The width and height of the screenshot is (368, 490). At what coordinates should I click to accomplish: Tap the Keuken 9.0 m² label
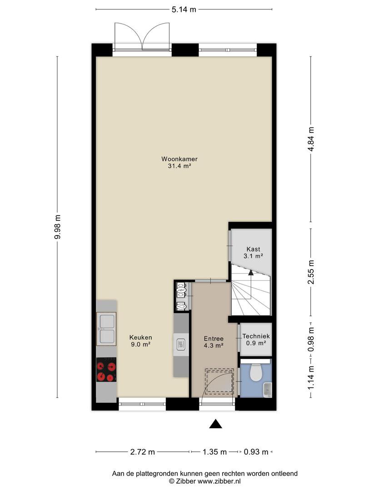pos(141,341)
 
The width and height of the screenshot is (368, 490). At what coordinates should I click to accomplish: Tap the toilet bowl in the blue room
pos(256,372)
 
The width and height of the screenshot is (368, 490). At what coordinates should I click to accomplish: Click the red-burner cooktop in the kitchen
pos(106,369)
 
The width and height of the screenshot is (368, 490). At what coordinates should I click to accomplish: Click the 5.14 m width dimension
pos(184,10)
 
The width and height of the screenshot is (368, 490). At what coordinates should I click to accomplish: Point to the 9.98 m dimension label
pos(57,227)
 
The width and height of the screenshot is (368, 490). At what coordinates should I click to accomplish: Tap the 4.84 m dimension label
pos(311,139)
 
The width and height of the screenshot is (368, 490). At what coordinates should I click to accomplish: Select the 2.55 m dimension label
pos(311,272)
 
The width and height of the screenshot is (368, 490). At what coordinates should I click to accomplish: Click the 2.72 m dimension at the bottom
pos(142,451)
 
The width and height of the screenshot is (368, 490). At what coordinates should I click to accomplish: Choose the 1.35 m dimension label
pos(214,451)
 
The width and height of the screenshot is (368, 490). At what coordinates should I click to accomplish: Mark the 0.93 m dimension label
pos(256,451)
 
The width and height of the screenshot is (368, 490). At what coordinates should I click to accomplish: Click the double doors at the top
pos(142,36)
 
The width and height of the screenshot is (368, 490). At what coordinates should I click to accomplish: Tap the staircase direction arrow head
pos(250,272)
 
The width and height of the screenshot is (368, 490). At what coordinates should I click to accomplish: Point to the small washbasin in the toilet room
pos(268,389)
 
